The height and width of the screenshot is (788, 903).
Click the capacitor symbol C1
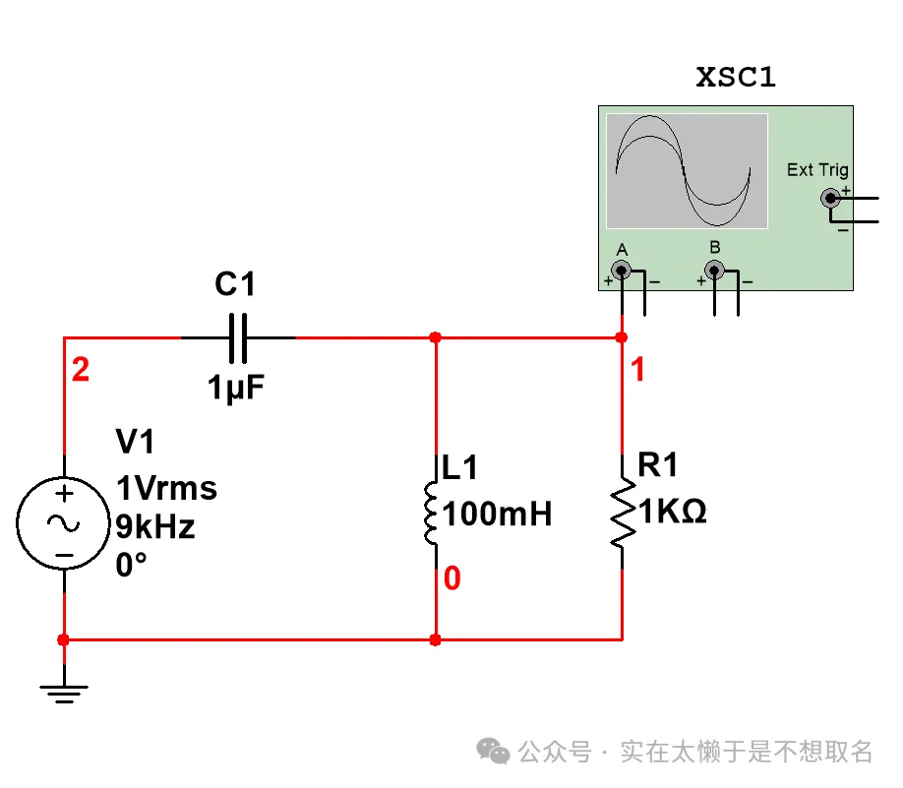click(237, 337)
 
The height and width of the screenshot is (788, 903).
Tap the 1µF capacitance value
click(236, 388)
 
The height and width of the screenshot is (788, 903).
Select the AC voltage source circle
click(64, 523)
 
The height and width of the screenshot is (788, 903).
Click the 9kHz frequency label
click(155, 527)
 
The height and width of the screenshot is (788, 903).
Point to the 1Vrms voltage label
click(166, 489)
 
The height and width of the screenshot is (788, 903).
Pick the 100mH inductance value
click(497, 514)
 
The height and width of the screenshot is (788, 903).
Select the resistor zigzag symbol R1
click(622, 513)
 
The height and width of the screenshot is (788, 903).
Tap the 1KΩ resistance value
click(674, 513)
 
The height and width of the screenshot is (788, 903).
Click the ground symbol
click(64, 693)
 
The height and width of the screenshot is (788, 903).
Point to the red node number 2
click(81, 371)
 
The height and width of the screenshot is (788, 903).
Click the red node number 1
click(638, 371)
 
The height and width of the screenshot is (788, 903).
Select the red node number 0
click(451, 578)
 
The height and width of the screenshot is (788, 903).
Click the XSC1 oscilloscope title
click(736, 78)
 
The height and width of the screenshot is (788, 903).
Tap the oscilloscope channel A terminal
click(621, 270)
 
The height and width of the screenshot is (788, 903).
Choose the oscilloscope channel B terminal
click(715, 270)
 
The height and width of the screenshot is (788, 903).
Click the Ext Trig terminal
click(831, 198)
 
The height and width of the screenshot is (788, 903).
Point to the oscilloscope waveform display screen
click(686, 171)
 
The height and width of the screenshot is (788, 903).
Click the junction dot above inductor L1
click(435, 337)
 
